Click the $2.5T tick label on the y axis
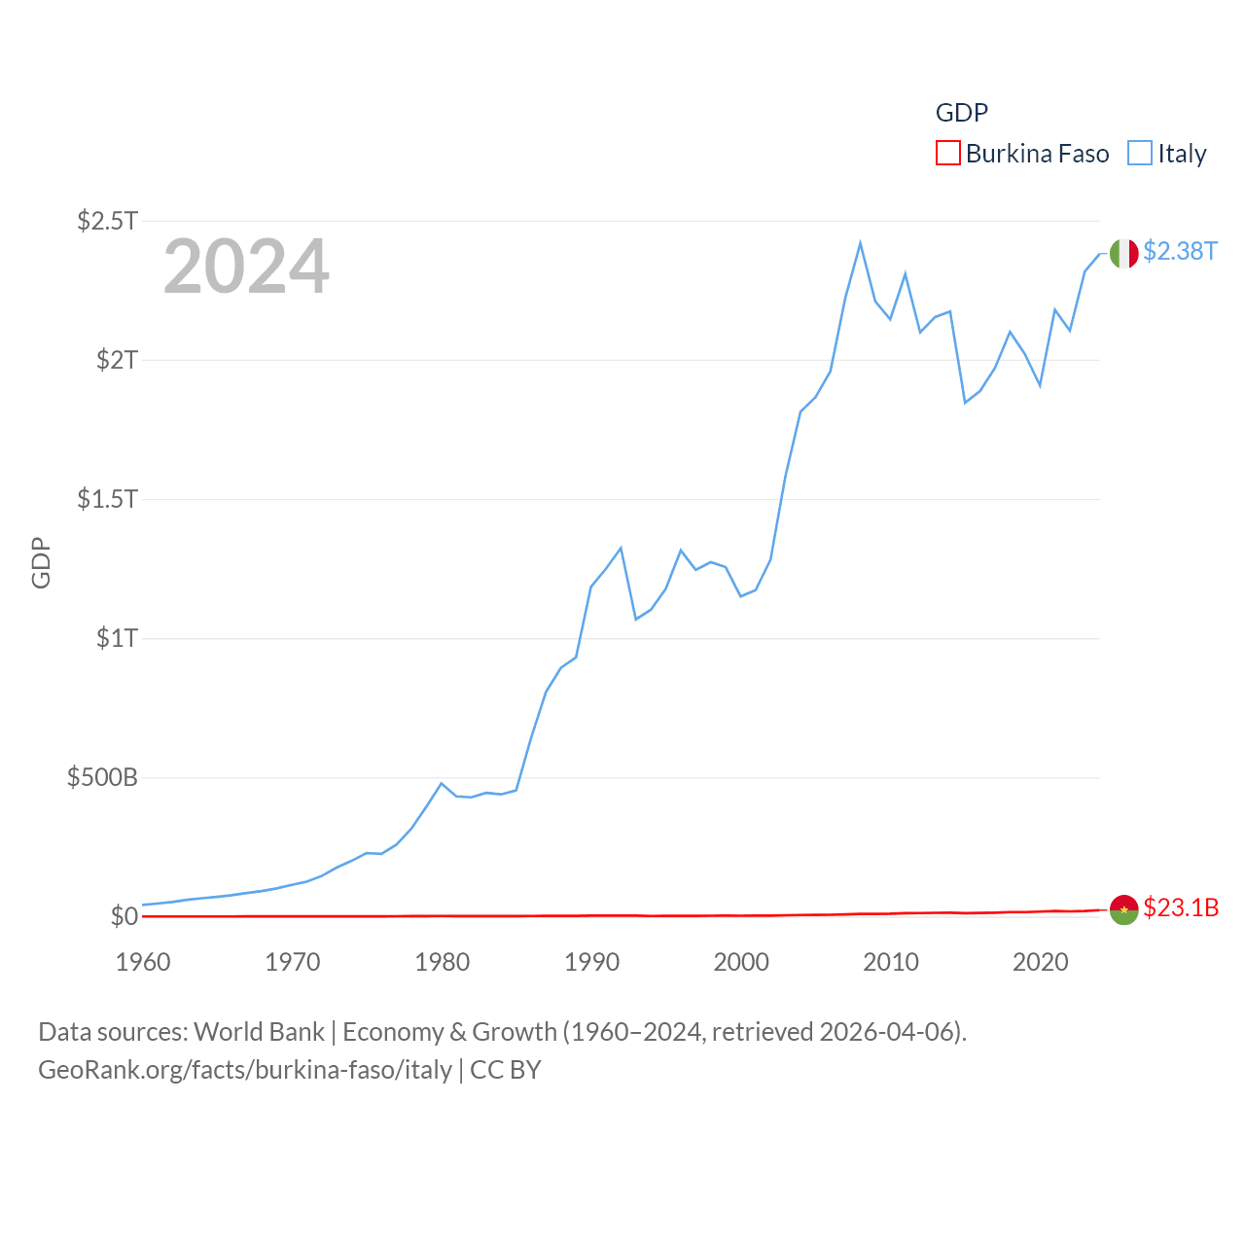coord(107,221)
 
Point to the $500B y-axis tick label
coord(102,777)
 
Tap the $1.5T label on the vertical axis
coord(107,499)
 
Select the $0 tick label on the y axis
coord(124,916)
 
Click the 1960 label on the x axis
coord(143,962)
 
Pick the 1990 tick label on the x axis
coord(591,962)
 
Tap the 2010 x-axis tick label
coord(891,962)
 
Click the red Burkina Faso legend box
coord(948,154)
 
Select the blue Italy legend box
coord(1140,154)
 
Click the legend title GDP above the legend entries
coord(962,113)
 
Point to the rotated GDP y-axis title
coord(41,562)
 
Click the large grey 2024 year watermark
coord(246,267)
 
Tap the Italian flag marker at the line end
coord(1124,253)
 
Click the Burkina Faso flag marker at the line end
coord(1124,909)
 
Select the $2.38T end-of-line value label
coord(1180,251)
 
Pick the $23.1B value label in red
coord(1181,907)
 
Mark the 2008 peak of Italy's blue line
coord(861,243)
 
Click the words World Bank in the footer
coord(260,1031)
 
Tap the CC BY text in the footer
coord(506,1070)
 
